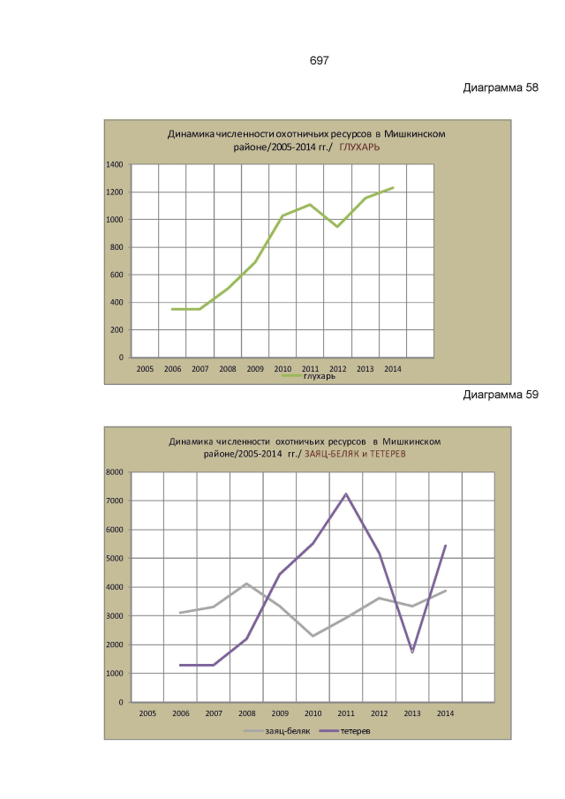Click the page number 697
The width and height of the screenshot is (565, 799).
click(319, 61)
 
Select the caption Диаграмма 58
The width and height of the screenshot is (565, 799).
click(500, 89)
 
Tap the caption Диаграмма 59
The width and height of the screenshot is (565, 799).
click(500, 395)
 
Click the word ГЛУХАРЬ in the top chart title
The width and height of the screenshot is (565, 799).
click(360, 148)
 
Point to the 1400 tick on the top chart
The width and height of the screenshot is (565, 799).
click(114, 165)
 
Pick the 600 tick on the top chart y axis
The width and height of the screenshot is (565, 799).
click(116, 275)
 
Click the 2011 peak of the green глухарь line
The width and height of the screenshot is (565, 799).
click(310, 205)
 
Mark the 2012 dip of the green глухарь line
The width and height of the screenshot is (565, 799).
click(337, 227)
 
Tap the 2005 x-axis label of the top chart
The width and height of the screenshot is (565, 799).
click(146, 369)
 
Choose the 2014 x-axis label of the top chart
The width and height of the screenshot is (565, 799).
click(392, 369)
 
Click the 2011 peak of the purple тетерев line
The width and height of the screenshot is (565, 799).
click(346, 494)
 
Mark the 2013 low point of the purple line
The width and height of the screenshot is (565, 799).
click(412, 652)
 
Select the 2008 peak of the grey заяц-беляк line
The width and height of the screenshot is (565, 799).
click(247, 584)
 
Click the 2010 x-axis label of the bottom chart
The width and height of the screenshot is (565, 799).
click(313, 713)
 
